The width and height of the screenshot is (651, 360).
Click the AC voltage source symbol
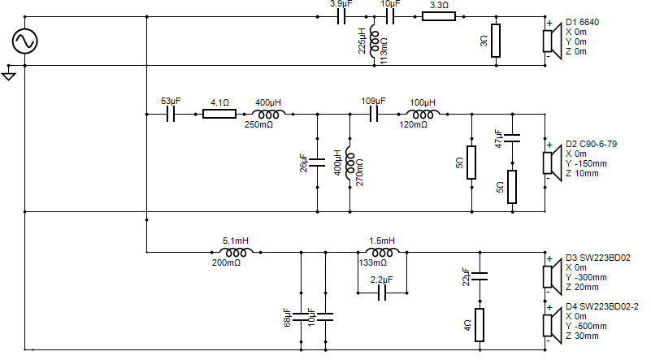pos(25,41)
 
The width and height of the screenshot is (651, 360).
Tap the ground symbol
pos(8,76)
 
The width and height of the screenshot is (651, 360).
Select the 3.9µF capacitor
pos(341,17)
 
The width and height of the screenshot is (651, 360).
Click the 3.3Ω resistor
pos(439,16)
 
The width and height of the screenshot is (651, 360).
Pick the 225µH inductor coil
pos(374,41)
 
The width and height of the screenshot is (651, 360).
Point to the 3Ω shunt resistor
pos(496,41)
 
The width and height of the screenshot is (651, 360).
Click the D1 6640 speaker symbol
pos(551,41)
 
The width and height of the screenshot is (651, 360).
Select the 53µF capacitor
pos(171,115)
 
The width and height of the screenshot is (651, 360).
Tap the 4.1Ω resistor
pos(219,114)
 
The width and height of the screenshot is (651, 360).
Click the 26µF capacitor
pos(317,163)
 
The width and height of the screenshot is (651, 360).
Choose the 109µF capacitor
pos(374,115)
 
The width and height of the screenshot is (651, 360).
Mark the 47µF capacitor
pos(512,138)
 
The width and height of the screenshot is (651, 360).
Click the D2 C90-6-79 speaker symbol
pos(551,163)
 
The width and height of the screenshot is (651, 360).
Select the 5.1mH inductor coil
pos(236,252)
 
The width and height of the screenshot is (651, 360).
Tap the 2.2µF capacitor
pos(382,293)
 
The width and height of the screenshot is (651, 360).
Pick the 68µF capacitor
pos(301,317)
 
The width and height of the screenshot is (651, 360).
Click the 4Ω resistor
pos(480,325)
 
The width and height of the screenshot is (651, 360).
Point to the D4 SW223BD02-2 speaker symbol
pos(551,326)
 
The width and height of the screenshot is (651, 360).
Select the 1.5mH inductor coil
pos(382,252)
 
